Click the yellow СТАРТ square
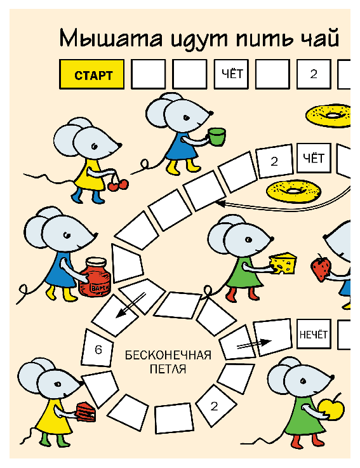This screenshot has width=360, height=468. click(91, 74)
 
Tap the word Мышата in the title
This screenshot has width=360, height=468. click(111, 39)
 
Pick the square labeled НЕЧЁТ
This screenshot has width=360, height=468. click(314, 334)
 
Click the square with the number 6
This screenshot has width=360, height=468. click(98, 349)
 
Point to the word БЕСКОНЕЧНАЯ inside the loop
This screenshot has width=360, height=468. click(168, 356)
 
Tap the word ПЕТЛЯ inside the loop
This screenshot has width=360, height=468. click(168, 369)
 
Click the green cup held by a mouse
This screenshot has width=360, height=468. click(217, 137)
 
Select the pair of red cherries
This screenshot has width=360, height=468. click(118, 185)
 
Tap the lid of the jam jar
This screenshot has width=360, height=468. click(96, 262)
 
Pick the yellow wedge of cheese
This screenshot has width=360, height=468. click(283, 263)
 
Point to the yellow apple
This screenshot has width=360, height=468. click(331, 409)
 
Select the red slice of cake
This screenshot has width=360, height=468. click(86, 412)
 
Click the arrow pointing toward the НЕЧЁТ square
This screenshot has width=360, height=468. click(254, 344)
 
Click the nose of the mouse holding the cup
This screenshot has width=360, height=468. click(211, 113)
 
